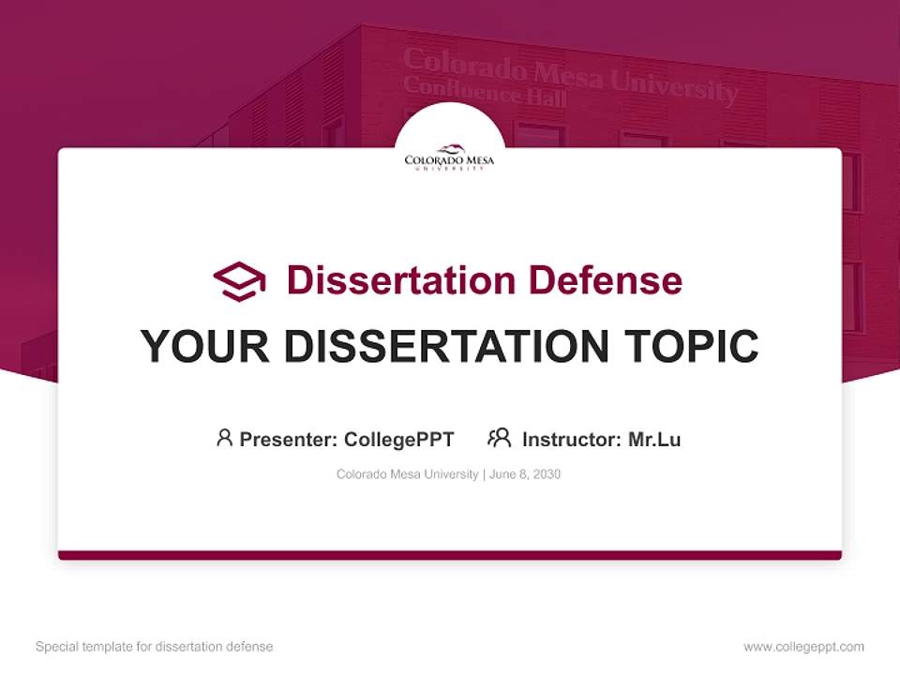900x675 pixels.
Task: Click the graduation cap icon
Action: pos(239,281)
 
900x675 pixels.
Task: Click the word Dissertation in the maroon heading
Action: pos(400,280)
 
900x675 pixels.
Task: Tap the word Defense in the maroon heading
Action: pos(605,280)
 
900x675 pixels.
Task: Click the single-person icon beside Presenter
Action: pos(224,438)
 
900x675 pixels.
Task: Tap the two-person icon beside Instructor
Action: pos(499,438)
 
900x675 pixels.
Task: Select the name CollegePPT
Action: pos(398,439)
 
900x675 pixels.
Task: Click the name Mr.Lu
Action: pos(654,439)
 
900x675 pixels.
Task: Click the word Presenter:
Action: pos(289,439)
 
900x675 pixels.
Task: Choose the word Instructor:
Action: pos(572,439)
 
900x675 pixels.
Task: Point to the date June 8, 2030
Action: pos(525,474)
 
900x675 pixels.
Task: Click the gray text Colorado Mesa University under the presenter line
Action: pos(407,474)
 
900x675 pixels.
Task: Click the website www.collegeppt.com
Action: pos(803,647)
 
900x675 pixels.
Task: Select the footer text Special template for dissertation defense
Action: pos(154,647)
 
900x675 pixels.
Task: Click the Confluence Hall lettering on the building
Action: pos(484,92)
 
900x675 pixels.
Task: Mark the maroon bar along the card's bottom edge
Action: pos(449,555)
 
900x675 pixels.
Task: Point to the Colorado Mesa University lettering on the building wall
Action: pos(570,74)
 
